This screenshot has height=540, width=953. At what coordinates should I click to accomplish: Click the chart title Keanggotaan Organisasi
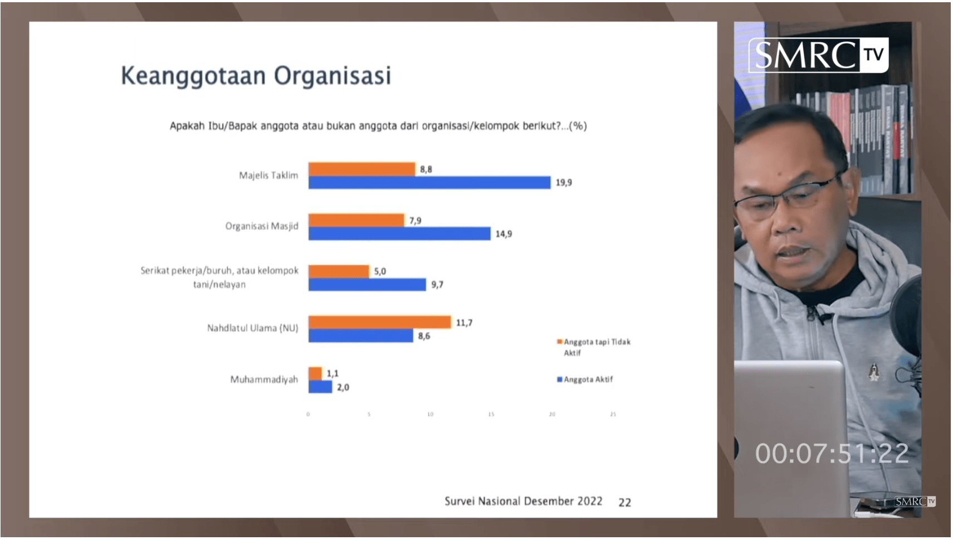point(256,76)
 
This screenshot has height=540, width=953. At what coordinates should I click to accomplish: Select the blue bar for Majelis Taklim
point(429,182)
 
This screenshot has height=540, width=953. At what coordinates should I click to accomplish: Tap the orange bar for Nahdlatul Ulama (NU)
point(379,322)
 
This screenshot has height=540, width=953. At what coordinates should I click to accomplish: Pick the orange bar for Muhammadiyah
point(315,373)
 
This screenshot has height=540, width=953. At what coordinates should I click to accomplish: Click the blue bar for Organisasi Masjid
point(399,233)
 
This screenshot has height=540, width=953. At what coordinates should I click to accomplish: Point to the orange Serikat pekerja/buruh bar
point(339,271)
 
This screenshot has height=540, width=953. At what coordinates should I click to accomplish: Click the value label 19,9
point(563,182)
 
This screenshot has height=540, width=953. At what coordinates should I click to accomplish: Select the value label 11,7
point(464,323)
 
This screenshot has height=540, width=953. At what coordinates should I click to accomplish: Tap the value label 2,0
point(343,387)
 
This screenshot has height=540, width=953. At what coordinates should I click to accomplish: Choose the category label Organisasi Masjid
point(262,226)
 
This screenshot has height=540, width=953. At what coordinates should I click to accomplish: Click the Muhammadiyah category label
point(264,380)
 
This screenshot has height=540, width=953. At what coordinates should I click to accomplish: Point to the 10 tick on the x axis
point(430,415)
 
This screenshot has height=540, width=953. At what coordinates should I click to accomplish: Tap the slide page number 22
point(624,502)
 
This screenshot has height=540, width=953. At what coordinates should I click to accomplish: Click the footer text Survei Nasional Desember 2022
point(523,501)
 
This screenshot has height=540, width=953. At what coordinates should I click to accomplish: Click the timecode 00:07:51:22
point(832,454)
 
